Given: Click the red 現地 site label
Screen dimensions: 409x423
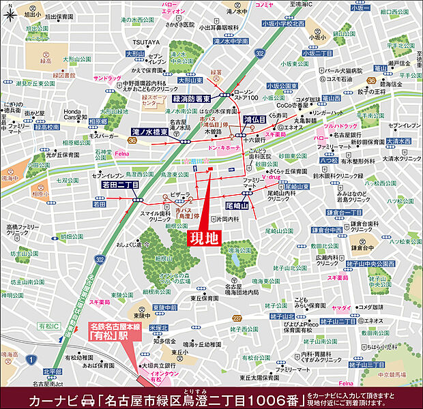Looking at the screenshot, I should (x=204, y=238).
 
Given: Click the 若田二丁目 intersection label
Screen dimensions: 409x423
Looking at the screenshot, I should (x=120, y=185).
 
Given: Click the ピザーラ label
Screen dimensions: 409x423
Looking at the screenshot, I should (x=179, y=194).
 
